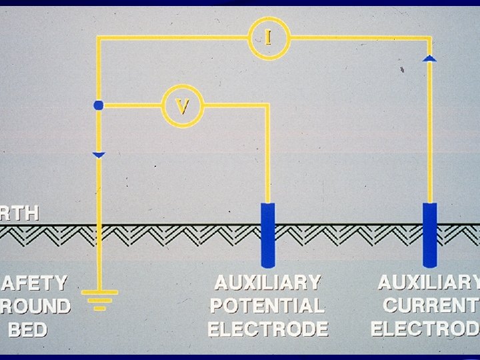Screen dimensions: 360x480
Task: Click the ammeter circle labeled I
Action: click(269, 37)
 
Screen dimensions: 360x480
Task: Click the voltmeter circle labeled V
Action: click(183, 105)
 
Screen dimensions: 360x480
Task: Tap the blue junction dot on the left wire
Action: click(99, 105)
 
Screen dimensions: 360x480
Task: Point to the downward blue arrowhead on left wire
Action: click(99, 155)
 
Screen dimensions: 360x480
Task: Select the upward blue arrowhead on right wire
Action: click(430, 59)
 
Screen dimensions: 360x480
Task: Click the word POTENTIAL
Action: click(268, 306)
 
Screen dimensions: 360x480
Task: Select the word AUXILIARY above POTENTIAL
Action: click(268, 283)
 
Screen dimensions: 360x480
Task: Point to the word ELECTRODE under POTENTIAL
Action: click(268, 329)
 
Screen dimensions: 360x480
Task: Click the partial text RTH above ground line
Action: click(20, 214)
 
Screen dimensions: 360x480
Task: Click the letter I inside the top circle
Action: click(269, 37)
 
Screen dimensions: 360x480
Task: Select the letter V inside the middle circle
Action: click(183, 105)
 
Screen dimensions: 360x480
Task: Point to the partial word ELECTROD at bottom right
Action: click(425, 329)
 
